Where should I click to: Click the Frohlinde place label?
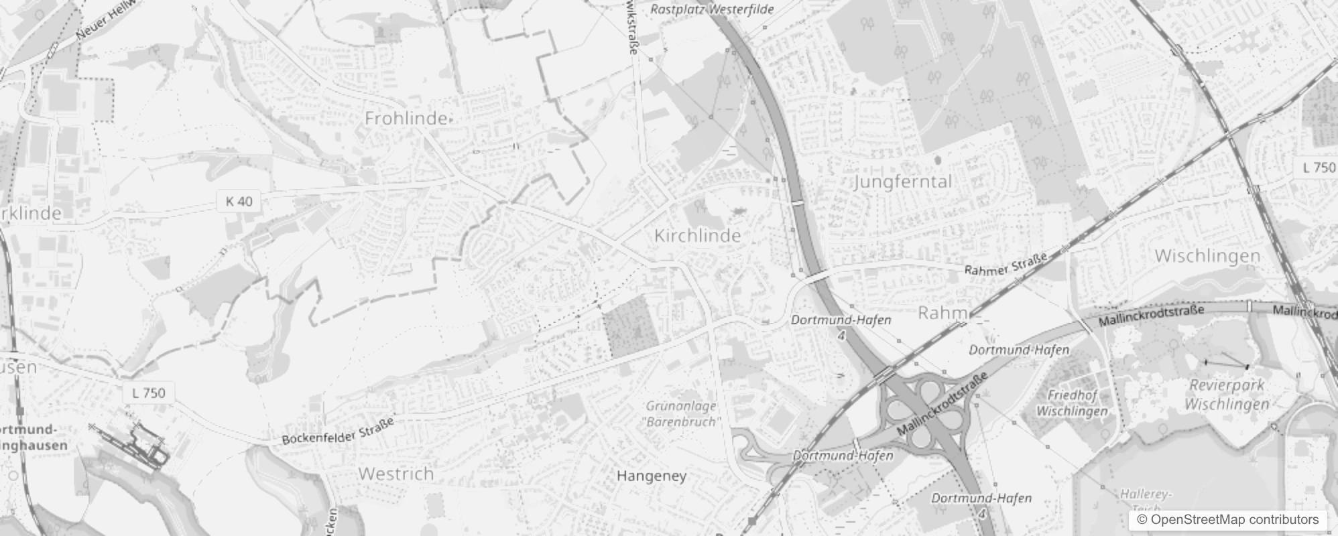(406, 119)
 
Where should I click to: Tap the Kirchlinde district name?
(697, 236)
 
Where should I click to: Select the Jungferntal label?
(903, 182)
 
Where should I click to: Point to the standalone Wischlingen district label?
(1207, 256)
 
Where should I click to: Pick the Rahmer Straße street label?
(1006, 262)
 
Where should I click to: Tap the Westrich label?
(396, 474)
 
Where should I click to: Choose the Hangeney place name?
(651, 476)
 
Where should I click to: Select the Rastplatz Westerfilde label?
(712, 9)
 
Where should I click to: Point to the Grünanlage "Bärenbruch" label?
(682, 414)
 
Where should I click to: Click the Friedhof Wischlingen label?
(1071, 403)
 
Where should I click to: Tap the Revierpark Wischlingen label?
(1226, 395)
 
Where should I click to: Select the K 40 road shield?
(239, 201)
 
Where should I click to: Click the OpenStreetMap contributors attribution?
(1227, 519)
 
